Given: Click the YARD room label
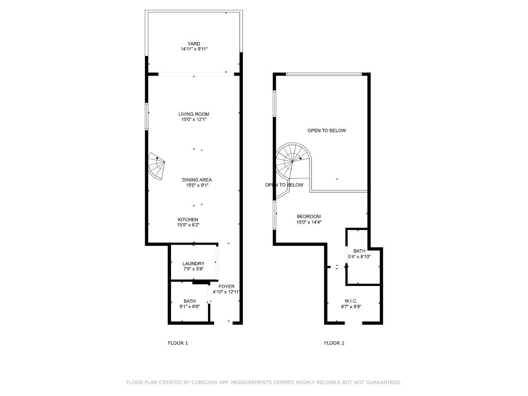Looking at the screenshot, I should (194, 44).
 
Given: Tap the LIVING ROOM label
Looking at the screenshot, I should (194, 114).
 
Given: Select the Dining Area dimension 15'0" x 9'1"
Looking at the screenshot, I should (197, 185).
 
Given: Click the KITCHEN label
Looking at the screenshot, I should (188, 220).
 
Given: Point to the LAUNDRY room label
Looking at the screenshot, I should (193, 264).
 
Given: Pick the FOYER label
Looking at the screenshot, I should (226, 287).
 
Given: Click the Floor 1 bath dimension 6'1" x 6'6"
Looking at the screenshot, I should (189, 307).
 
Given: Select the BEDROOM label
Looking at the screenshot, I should (309, 216).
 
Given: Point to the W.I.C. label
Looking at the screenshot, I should (351, 301).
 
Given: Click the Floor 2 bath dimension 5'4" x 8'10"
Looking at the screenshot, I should (359, 257).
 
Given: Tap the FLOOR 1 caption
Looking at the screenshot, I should (178, 343).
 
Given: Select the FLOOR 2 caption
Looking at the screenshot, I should (334, 343).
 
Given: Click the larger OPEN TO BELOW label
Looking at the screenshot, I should (327, 131).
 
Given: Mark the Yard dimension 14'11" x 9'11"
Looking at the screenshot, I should (194, 49).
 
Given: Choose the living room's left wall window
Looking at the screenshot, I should (147, 117).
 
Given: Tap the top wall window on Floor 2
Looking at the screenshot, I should (324, 74).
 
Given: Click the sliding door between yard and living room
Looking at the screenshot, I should (196, 74).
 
